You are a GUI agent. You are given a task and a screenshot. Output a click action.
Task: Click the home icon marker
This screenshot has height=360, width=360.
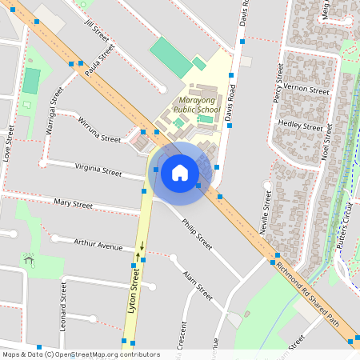(x=180, y=171)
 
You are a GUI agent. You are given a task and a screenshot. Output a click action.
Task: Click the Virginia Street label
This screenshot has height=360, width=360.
(x=98, y=170)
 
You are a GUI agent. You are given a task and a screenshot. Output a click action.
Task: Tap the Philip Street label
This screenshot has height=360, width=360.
(x=196, y=233)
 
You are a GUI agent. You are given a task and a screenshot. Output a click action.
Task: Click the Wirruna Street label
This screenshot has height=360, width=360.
(x=99, y=129)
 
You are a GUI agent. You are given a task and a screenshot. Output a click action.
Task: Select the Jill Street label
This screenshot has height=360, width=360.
(x=97, y=31)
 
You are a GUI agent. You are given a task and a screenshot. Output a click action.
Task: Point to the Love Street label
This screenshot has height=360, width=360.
(x=10, y=143)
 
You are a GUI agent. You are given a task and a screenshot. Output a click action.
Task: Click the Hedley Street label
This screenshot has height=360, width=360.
(x=300, y=125)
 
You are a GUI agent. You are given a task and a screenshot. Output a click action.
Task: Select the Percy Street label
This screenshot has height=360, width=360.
(x=278, y=85)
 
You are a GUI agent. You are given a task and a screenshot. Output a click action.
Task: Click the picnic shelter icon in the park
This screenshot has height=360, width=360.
(x=30, y=260)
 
